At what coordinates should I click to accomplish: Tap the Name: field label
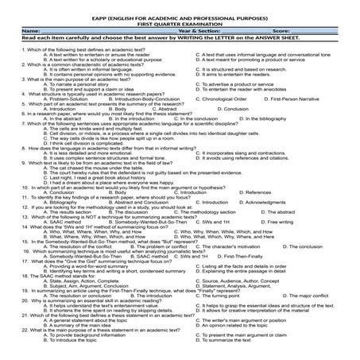pos(17,30)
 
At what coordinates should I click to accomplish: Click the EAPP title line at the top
pos(180,14)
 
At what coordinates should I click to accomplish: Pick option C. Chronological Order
pos(226,99)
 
